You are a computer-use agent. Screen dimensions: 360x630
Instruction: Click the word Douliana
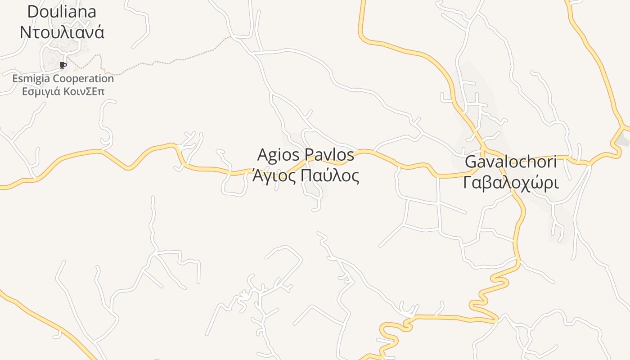pos(62,12)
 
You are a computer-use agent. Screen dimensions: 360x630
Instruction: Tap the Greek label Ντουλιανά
pos(62,32)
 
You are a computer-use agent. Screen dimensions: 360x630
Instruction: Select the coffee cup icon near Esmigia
pos(63,66)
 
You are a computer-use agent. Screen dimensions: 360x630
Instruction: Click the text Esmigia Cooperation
pos(63,79)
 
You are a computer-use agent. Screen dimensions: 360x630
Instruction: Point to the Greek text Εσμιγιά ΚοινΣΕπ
pos(63,91)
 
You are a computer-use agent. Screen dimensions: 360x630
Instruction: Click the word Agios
pos(278,155)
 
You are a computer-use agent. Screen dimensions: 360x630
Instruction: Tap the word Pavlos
pos(329,155)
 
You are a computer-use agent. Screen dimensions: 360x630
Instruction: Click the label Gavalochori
pos(510,162)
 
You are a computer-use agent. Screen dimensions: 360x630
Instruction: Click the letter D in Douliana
pos(33,12)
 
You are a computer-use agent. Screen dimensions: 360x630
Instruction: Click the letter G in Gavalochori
pos(471,162)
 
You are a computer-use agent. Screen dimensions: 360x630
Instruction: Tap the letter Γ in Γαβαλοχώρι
pos(468,183)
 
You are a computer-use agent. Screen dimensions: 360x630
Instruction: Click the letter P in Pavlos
pos(309,155)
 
